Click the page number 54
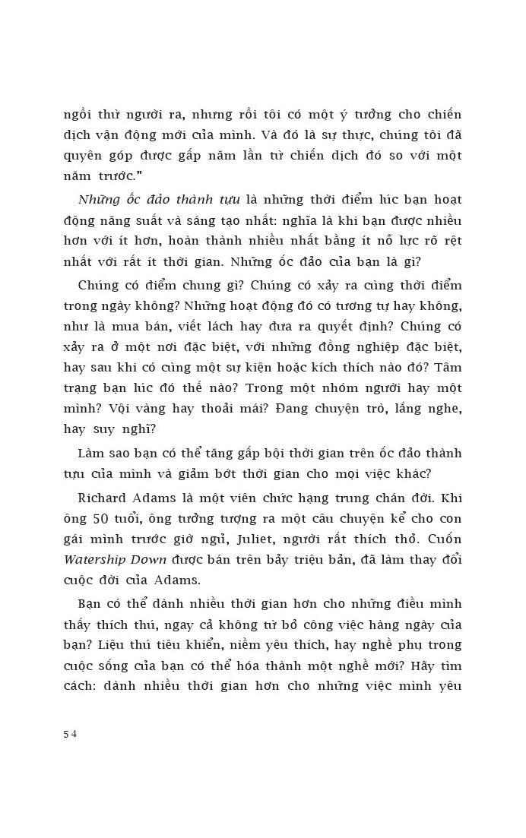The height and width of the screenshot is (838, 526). click(x=70, y=734)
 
